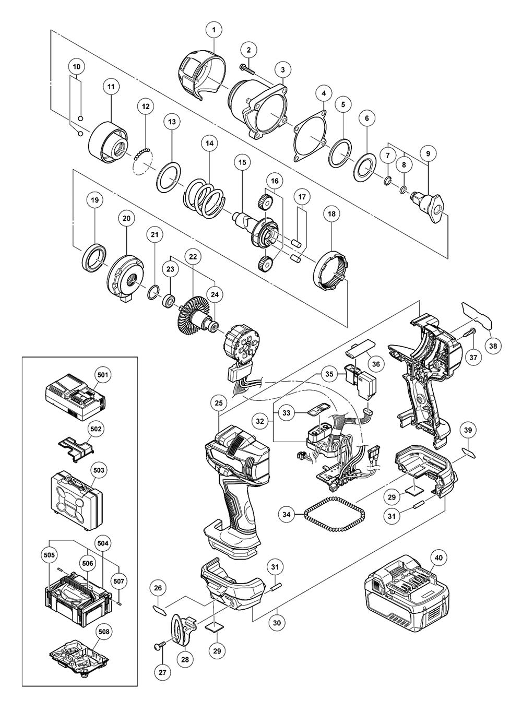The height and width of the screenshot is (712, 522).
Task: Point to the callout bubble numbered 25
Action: pyautogui.click(x=218, y=402)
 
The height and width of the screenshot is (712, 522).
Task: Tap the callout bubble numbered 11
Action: pyautogui.click(x=111, y=87)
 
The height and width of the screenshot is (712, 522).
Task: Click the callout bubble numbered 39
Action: pyautogui.click(x=468, y=429)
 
